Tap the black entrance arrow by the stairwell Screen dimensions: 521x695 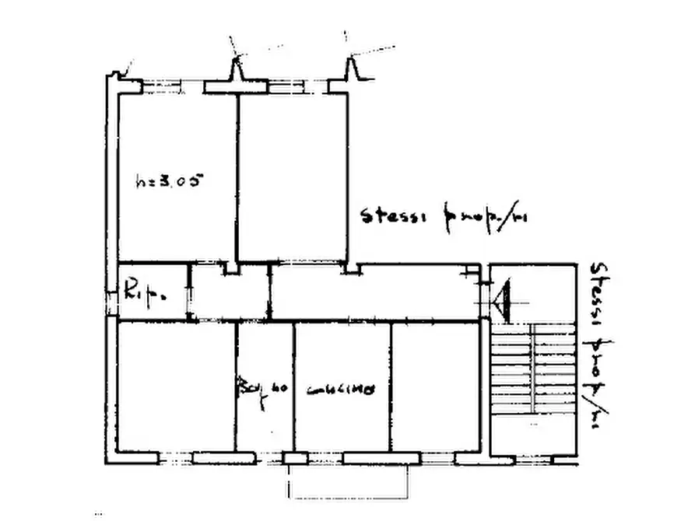[x=502, y=299]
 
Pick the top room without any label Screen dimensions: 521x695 [x=292, y=179]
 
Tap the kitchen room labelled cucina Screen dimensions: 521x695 [x=342, y=420]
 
